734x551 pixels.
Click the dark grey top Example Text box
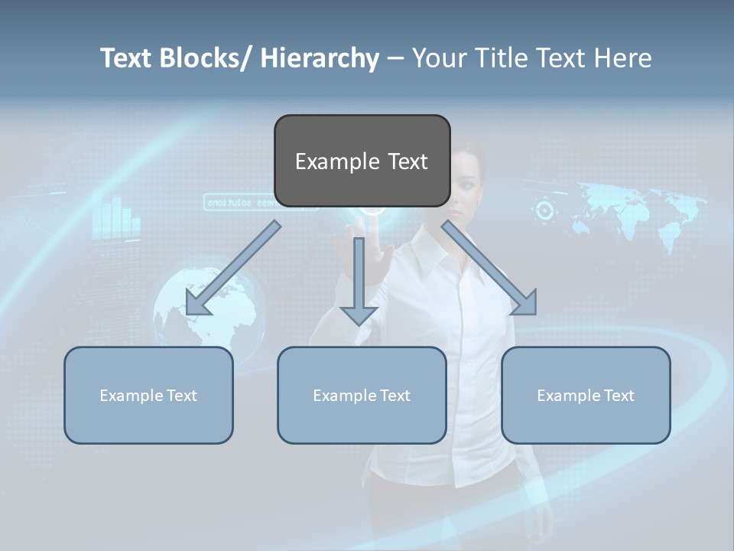(x=362, y=161)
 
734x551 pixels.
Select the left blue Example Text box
(x=148, y=395)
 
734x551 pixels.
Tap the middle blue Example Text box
(x=362, y=395)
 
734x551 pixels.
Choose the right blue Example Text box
(x=586, y=395)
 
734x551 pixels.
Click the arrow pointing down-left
(x=229, y=272)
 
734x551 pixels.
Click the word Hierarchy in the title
(x=320, y=58)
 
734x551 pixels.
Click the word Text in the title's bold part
(x=126, y=58)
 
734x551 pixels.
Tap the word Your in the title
(x=437, y=58)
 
